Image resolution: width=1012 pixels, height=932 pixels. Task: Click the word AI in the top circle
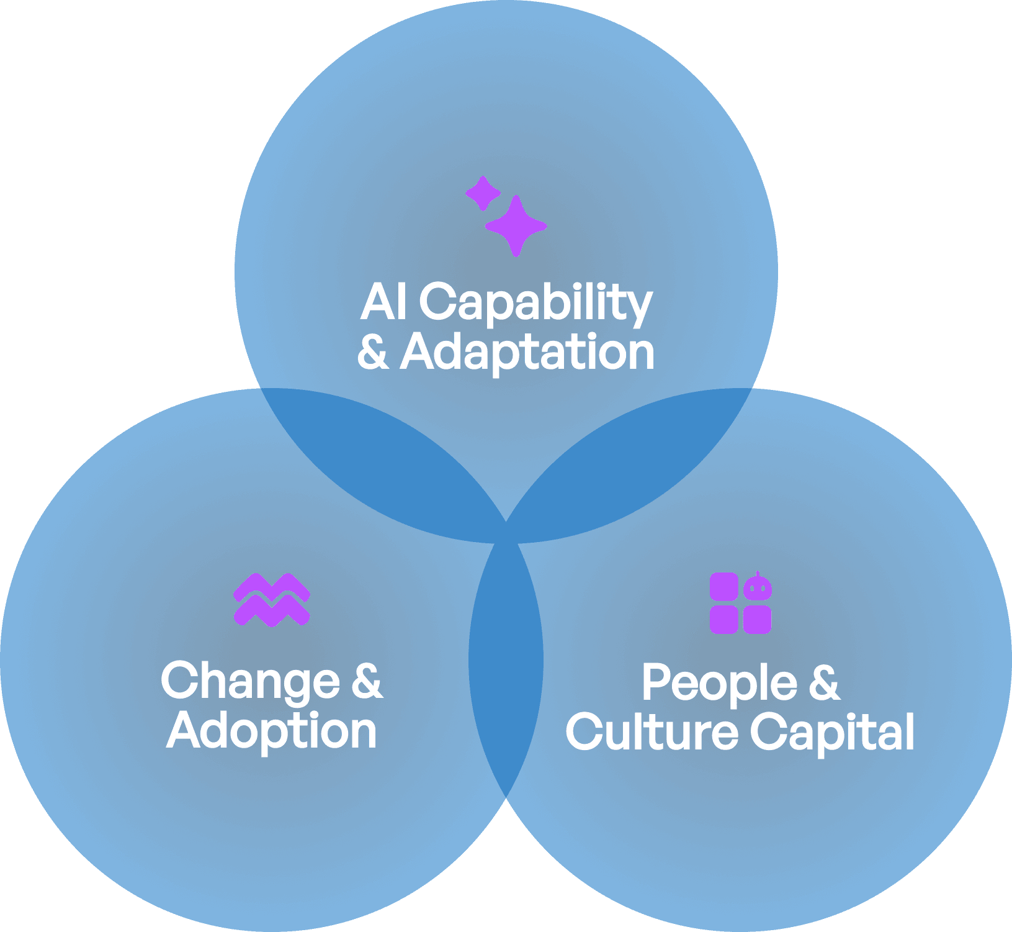coord(383,302)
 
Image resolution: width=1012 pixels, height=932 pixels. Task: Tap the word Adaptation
coord(527,352)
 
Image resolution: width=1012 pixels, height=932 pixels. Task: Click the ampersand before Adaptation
coord(373,352)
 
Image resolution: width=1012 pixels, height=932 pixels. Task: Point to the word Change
coord(250,682)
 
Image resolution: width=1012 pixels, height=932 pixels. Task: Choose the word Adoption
coord(272,731)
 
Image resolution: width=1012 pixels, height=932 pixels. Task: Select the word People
coord(719,684)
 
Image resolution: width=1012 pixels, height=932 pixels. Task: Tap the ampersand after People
coord(824,682)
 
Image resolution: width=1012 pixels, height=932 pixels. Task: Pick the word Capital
coord(832,733)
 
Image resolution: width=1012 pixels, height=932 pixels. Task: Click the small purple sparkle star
coord(483,193)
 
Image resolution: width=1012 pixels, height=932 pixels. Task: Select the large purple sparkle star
coord(516,226)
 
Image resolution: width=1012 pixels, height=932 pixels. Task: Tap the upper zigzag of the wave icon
coord(272,587)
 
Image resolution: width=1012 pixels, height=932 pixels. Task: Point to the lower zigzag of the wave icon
coord(272,612)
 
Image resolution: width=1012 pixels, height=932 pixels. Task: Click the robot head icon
coord(758,587)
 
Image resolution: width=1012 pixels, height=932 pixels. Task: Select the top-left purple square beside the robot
coord(724,587)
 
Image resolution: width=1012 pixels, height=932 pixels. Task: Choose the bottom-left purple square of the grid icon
coord(724,620)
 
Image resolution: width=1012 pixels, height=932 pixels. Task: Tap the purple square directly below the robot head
coord(758,620)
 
